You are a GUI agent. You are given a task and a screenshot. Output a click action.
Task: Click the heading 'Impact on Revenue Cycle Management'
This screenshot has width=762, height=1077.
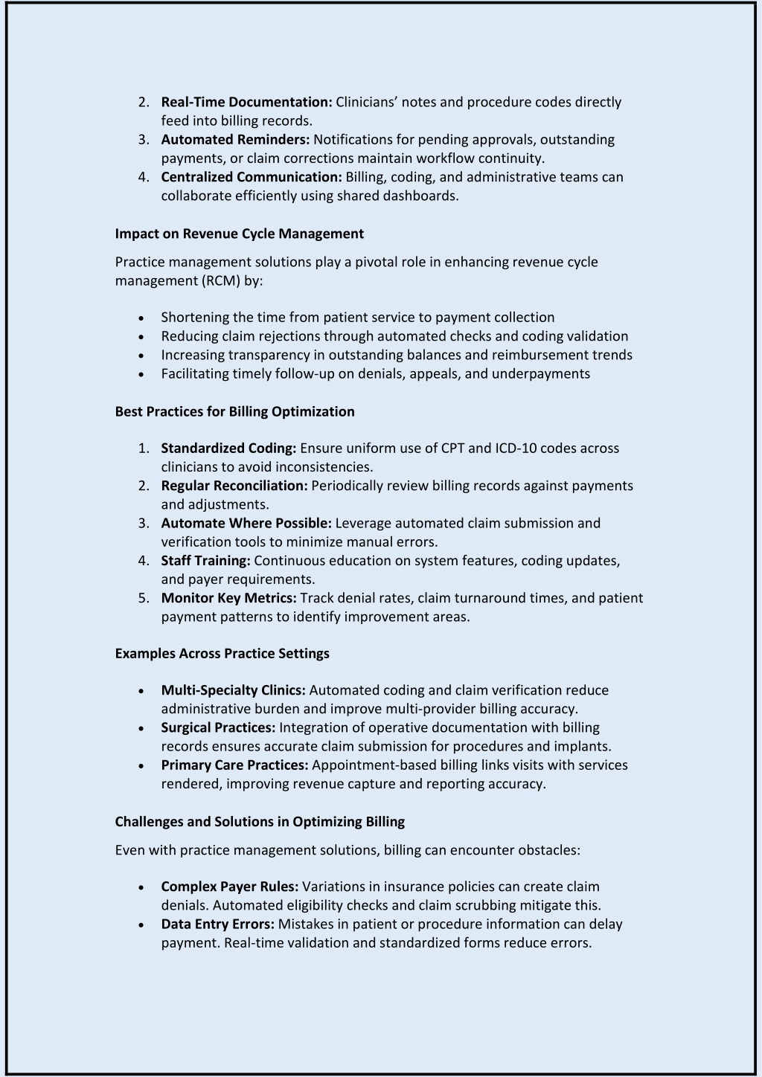click(x=239, y=234)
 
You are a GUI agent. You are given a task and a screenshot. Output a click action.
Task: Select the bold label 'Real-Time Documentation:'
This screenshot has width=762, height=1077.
click(x=246, y=102)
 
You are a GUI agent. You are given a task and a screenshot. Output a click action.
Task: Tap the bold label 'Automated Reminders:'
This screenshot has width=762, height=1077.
click(x=235, y=139)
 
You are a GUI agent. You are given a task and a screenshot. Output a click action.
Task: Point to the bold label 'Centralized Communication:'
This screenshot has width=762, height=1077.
click(x=252, y=177)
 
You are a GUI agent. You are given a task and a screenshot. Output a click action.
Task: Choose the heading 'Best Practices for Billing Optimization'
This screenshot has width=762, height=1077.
click(x=234, y=411)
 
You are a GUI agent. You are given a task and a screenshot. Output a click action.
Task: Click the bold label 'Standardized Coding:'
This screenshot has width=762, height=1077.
click(x=228, y=448)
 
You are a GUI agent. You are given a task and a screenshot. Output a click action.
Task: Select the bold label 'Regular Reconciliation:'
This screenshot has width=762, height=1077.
click(x=234, y=486)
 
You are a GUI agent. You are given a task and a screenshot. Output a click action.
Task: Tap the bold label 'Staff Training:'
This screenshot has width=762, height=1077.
click(x=205, y=560)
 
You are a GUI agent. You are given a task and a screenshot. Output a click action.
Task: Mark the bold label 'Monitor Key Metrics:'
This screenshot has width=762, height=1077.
click(x=228, y=598)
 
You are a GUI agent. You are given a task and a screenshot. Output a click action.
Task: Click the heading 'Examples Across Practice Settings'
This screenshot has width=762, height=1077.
click(x=222, y=653)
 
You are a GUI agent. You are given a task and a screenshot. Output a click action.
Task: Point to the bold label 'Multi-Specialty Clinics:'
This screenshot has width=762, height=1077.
click(x=233, y=690)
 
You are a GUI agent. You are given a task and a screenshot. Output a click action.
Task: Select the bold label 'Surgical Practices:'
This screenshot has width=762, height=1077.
click(x=218, y=727)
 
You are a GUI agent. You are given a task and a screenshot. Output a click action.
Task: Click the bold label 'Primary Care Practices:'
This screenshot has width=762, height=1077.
click(x=234, y=765)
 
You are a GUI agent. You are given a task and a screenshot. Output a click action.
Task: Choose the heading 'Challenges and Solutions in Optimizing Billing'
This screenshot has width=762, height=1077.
click(x=260, y=821)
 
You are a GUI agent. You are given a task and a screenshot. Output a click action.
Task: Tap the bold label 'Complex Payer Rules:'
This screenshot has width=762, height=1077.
click(x=230, y=887)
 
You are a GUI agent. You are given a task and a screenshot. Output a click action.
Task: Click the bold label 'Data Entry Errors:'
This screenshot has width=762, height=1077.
click(x=218, y=924)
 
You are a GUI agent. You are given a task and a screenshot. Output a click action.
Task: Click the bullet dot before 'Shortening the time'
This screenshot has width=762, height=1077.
click(x=141, y=318)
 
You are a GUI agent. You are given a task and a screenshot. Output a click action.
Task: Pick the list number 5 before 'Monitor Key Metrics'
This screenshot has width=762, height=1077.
click(x=144, y=598)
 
